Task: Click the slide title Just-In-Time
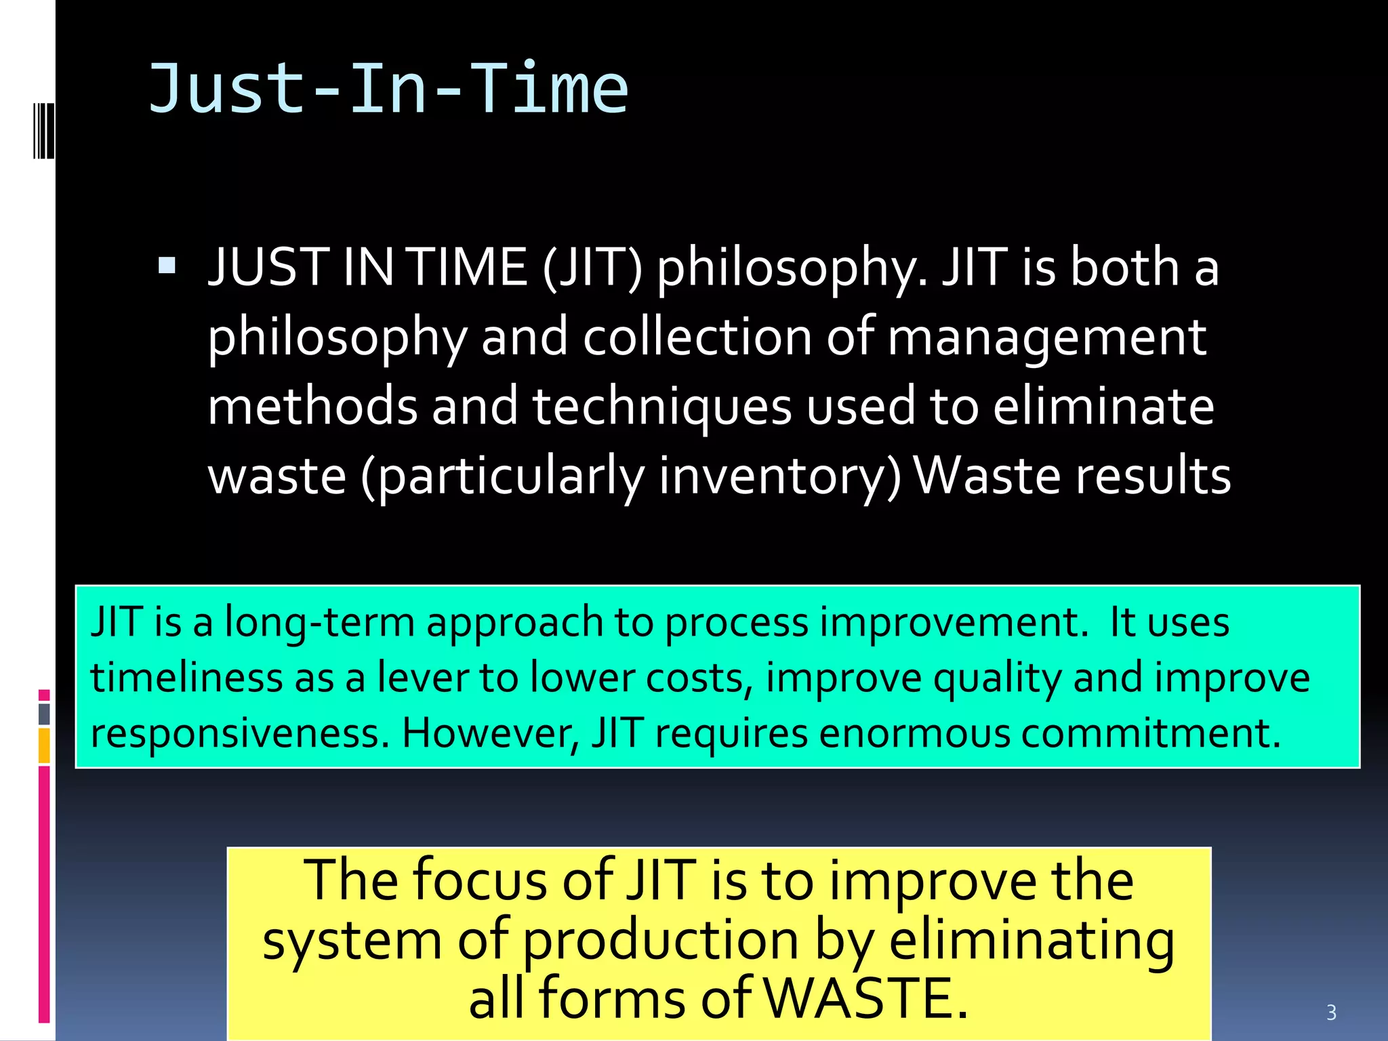[388, 89]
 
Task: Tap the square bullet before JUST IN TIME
[167, 265]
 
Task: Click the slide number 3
[1331, 1013]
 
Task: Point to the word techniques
[662, 407]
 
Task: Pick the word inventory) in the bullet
[780, 476]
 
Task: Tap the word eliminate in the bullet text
[1103, 407]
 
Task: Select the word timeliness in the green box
[186, 678]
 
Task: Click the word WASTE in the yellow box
[868, 998]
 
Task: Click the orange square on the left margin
[44, 746]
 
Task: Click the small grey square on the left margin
[44, 714]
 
